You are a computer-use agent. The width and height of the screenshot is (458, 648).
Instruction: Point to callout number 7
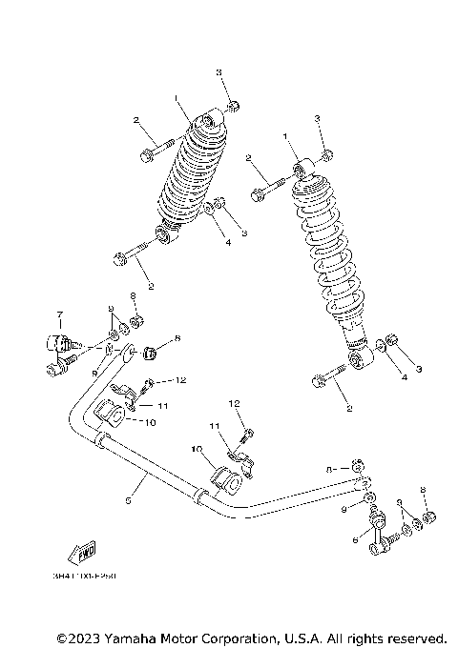point(59,314)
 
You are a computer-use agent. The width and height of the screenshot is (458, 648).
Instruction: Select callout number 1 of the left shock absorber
point(177,98)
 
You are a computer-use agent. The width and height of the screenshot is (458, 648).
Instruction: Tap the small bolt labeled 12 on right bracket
point(246,435)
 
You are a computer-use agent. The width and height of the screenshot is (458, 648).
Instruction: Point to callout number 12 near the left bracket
point(180,380)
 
